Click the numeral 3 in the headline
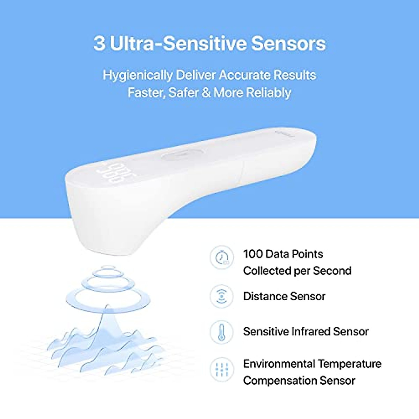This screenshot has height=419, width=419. [99, 44]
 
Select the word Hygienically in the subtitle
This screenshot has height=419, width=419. [138, 75]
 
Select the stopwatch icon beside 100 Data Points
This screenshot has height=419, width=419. [221, 258]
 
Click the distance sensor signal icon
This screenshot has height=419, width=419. [221, 296]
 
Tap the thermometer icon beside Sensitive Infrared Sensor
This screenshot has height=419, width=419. [221, 332]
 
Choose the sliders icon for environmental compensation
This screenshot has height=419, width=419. [221, 369]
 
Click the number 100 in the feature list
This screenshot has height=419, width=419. [253, 254]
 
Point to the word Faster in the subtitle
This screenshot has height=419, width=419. [146, 93]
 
